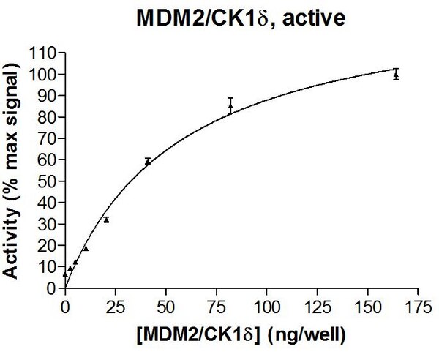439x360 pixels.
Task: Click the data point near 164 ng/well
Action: pyautogui.click(x=396, y=75)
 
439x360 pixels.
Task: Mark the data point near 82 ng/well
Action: pyautogui.click(x=230, y=106)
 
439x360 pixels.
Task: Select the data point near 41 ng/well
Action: pyautogui.click(x=148, y=162)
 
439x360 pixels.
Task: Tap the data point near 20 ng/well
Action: pyautogui.click(x=106, y=220)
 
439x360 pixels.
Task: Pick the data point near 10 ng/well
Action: pyautogui.click(x=86, y=248)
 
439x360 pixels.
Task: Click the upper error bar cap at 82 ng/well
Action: pyautogui.click(x=230, y=98)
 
